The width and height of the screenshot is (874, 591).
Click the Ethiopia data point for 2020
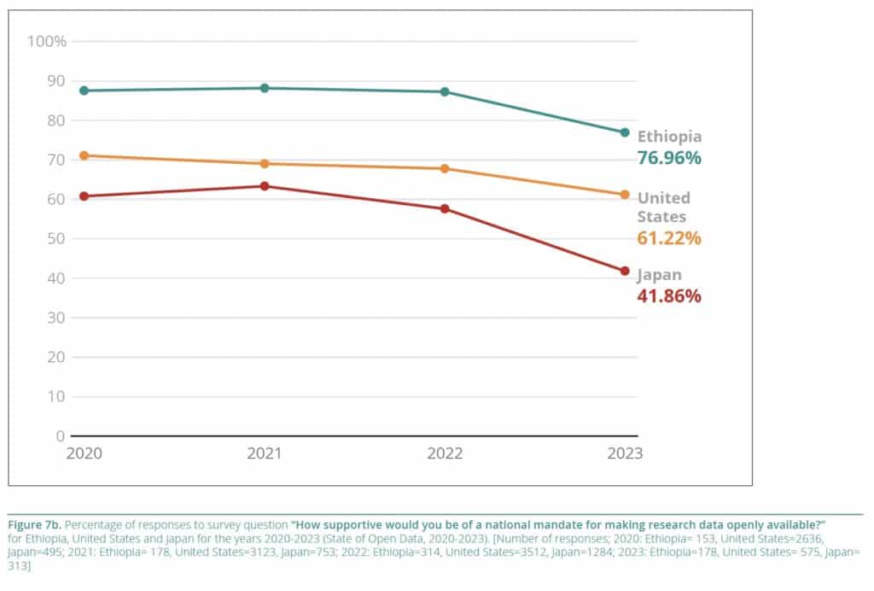point(84,91)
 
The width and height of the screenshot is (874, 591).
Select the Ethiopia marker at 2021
point(265,88)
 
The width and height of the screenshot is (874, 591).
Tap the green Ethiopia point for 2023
point(625,132)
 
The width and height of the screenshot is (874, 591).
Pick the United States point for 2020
point(84,155)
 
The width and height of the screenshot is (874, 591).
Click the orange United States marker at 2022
point(445,169)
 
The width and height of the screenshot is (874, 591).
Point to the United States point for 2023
point(625,195)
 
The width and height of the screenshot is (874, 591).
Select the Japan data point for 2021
point(265,186)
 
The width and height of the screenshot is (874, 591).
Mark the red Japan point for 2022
point(445,208)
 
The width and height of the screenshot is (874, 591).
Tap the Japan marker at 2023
point(625,271)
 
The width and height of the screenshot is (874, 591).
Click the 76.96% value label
point(669,158)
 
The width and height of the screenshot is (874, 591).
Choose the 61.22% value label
point(669,238)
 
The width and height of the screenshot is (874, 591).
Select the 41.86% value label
point(669,296)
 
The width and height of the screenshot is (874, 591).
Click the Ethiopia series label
point(670,137)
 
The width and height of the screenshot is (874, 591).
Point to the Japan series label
point(660,275)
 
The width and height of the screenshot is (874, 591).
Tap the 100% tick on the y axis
point(47,41)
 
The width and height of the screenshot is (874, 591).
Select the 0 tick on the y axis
point(61,436)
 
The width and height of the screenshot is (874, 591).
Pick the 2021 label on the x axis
point(265,453)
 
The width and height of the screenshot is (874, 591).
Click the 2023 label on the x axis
point(625,453)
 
